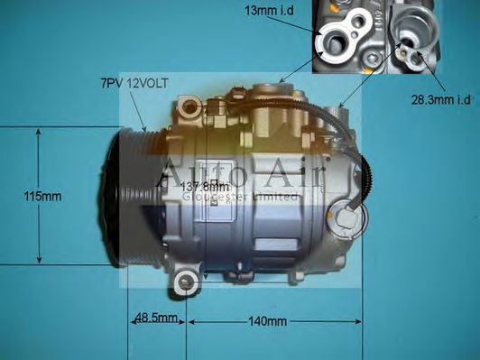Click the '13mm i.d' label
(x=268, y=10)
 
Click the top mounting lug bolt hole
(x=189, y=110)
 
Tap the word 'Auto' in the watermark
(x=193, y=171)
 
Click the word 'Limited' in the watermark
(x=278, y=196)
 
